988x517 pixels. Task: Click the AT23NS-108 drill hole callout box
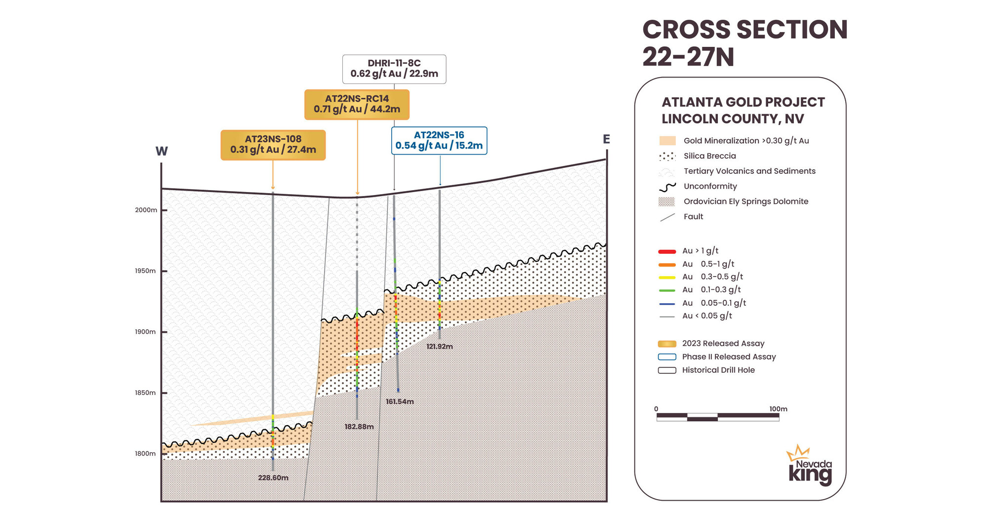[273, 145]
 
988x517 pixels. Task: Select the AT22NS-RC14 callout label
[357, 104]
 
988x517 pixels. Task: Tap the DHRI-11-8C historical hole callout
[394, 69]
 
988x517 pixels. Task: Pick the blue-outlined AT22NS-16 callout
[439, 141]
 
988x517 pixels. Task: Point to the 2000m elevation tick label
[146, 210]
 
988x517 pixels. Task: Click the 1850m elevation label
[145, 393]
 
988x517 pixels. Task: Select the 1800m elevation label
[145, 454]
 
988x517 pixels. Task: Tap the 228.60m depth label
[273, 478]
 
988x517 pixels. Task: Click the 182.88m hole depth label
[359, 427]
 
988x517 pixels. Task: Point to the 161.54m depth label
[400, 402]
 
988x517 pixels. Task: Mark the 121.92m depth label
[440, 347]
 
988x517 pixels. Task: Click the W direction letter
[162, 152]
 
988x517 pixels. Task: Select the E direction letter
[606, 140]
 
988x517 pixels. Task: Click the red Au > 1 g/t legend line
[667, 252]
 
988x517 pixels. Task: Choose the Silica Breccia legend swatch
[667, 157]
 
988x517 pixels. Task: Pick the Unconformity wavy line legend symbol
[667, 187]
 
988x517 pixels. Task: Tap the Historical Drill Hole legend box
[667, 370]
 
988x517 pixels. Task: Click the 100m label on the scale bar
[778, 409]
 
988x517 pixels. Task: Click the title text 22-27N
[688, 57]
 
